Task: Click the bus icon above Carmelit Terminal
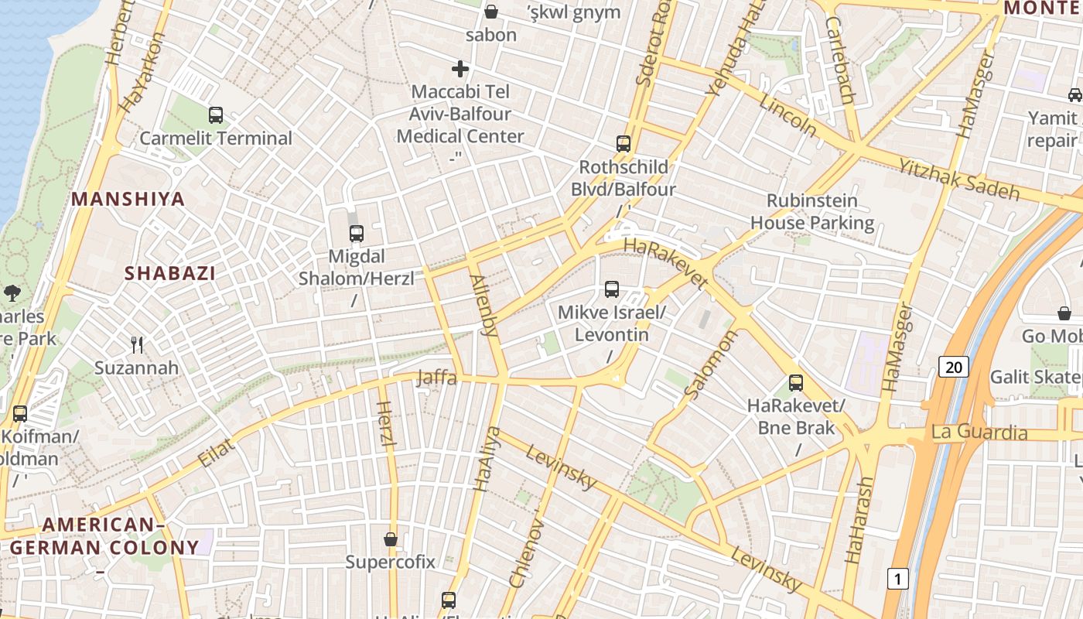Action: (216, 115)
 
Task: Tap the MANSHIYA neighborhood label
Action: (128, 199)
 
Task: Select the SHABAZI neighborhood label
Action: (170, 273)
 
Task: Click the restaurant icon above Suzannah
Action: (137, 344)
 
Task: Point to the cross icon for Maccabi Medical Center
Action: (460, 69)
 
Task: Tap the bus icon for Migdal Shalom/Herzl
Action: (357, 233)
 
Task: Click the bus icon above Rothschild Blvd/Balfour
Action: (623, 143)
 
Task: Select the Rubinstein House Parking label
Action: (812, 212)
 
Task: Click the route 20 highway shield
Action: (954, 366)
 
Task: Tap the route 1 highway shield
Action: (897, 578)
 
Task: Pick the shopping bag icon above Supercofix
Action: (391, 539)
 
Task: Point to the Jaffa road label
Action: (436, 378)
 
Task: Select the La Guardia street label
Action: (979, 431)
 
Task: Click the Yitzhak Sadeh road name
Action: (958, 179)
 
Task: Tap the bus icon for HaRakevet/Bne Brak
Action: (796, 382)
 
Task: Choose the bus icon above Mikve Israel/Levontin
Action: (612, 289)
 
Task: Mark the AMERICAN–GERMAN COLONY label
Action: (104, 536)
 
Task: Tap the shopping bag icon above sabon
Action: (491, 12)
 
